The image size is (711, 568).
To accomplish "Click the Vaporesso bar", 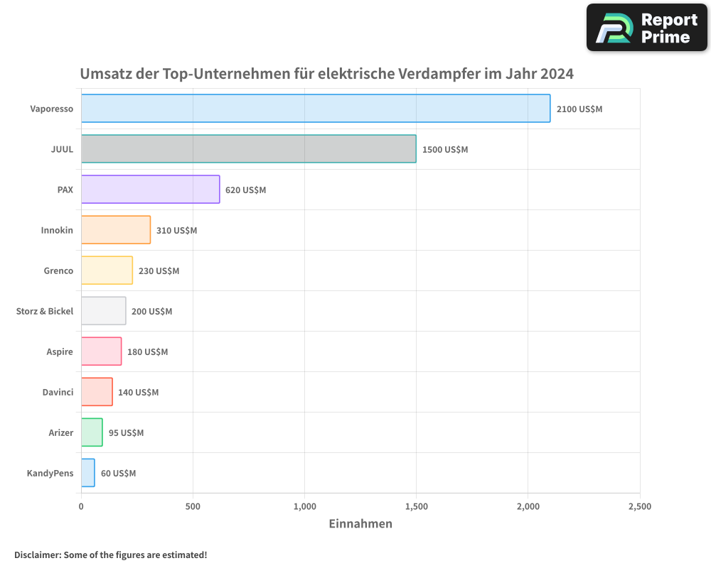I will coord(315,109).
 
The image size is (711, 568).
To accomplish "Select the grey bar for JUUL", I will coord(248,149).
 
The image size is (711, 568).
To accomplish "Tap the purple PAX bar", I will coord(150,190).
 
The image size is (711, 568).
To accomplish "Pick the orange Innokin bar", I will coord(115,230).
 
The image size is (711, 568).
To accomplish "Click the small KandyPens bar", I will coord(87,473).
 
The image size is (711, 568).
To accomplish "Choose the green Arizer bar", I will coord(92,432).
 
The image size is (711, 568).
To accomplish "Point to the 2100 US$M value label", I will coord(579,109).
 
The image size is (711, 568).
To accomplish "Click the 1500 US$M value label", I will coord(445,150).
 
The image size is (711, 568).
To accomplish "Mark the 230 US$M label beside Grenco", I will coord(159,271).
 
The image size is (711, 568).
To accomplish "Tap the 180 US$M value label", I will coord(147,352).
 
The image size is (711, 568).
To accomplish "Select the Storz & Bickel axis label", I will coord(45,311).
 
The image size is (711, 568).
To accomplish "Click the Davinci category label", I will coord(58,392).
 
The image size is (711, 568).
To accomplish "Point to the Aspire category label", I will coord(59,351).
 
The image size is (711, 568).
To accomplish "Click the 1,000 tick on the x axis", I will coord(304,507).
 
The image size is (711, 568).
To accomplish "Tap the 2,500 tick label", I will coord(639,507).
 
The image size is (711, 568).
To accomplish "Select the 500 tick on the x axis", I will coord(193,507).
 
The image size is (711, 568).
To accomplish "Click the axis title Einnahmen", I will coord(360,524).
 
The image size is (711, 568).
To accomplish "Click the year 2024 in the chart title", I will coord(556,74).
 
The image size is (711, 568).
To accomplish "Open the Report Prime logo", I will coord(646,28).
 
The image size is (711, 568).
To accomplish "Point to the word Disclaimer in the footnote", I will coord(37,555).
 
